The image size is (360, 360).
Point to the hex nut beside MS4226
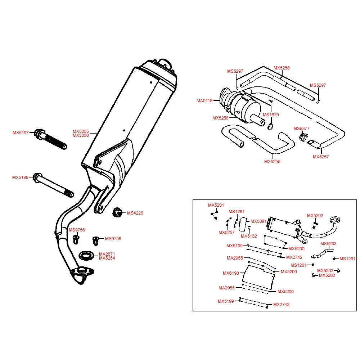[117, 213]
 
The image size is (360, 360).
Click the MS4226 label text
[135, 213]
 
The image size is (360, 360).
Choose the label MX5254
[107, 258]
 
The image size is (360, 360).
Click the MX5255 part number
[81, 131]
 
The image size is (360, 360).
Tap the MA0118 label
[204, 101]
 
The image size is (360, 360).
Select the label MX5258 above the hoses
[282, 68]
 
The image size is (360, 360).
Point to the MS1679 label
[271, 115]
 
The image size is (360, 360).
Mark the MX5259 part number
[272, 162]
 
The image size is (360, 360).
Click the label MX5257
[321, 157]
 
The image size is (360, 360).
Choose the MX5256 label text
[220, 118]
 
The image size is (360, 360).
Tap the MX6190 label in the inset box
[231, 273]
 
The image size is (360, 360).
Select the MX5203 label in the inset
[328, 244]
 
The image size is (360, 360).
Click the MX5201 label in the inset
[216, 205]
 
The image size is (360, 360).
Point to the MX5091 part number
[258, 221]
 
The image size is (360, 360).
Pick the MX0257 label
[226, 232]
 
